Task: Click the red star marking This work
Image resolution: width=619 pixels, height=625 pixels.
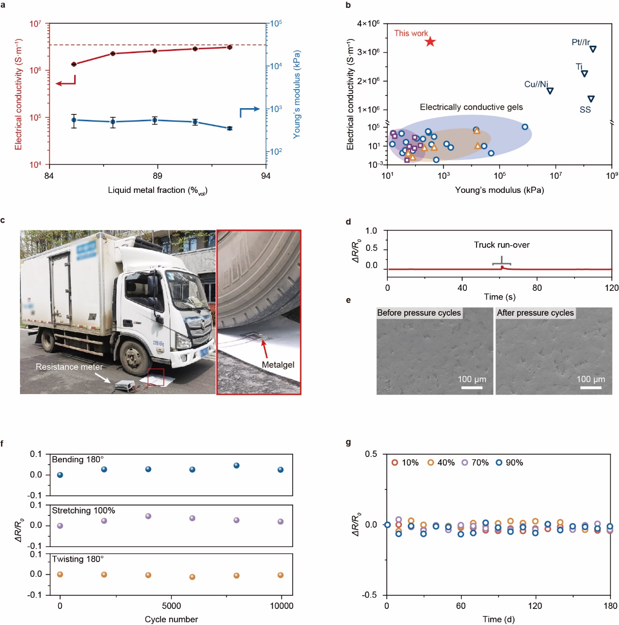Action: (x=430, y=41)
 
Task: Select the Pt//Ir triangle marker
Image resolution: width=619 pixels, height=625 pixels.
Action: (x=593, y=49)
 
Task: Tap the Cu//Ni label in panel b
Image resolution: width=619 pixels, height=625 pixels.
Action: (x=536, y=84)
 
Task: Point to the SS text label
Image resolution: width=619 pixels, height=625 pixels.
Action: (x=585, y=110)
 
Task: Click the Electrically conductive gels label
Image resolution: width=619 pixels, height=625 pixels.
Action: (x=471, y=107)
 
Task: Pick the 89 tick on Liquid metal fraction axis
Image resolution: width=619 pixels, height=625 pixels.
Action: (x=157, y=175)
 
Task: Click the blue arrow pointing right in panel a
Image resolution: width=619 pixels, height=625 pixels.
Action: (x=249, y=111)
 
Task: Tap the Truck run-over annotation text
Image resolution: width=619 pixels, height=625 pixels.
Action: (x=501, y=245)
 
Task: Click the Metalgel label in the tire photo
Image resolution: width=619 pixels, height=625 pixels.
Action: (x=278, y=364)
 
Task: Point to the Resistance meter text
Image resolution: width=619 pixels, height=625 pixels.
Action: (x=69, y=367)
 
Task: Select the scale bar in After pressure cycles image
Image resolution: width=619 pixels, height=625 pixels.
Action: (x=591, y=388)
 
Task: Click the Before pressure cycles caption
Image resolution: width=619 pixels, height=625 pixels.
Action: (x=419, y=313)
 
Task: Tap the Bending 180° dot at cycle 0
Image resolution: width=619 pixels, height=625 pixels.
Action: (x=60, y=475)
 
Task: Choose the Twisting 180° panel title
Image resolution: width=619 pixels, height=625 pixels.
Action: (x=78, y=559)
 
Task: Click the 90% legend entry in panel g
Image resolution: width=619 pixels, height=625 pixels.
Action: (x=509, y=462)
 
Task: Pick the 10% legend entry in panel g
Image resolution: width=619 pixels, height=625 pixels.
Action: (x=405, y=462)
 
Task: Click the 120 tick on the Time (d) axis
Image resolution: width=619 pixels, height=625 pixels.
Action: (x=535, y=606)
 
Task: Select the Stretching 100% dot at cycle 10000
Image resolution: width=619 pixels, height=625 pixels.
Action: (x=280, y=522)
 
